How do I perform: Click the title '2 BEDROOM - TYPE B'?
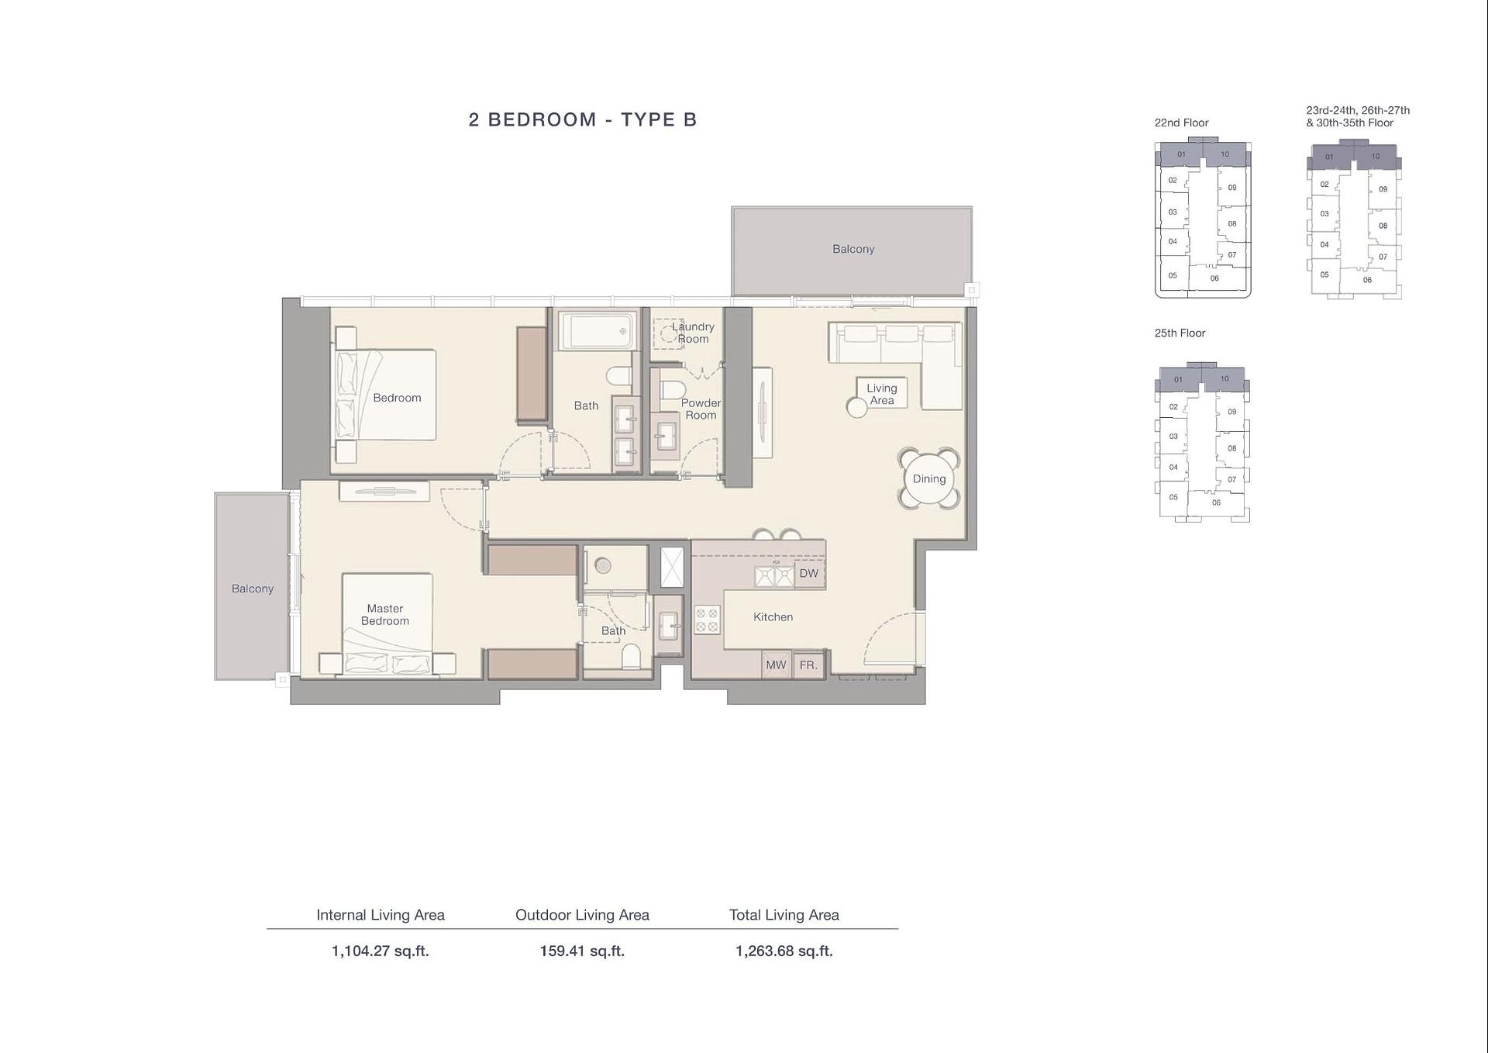(583, 119)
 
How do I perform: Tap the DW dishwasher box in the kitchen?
(808, 574)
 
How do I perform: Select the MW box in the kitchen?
(776, 665)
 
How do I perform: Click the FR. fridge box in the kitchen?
(808, 665)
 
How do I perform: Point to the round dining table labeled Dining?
(928, 478)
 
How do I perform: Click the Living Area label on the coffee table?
(881, 394)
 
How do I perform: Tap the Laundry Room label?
(693, 333)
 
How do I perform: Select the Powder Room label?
(701, 409)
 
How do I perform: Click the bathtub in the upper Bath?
(597, 331)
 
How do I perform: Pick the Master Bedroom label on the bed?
(385, 614)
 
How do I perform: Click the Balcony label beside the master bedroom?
(252, 589)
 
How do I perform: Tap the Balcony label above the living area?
(853, 249)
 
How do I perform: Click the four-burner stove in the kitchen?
(707, 620)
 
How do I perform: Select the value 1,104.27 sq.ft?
(380, 951)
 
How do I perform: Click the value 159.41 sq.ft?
(582, 951)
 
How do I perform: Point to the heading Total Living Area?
(784, 915)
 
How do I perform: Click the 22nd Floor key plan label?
(1181, 123)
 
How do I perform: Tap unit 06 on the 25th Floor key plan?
(1216, 502)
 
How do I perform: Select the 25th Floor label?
(1180, 333)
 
